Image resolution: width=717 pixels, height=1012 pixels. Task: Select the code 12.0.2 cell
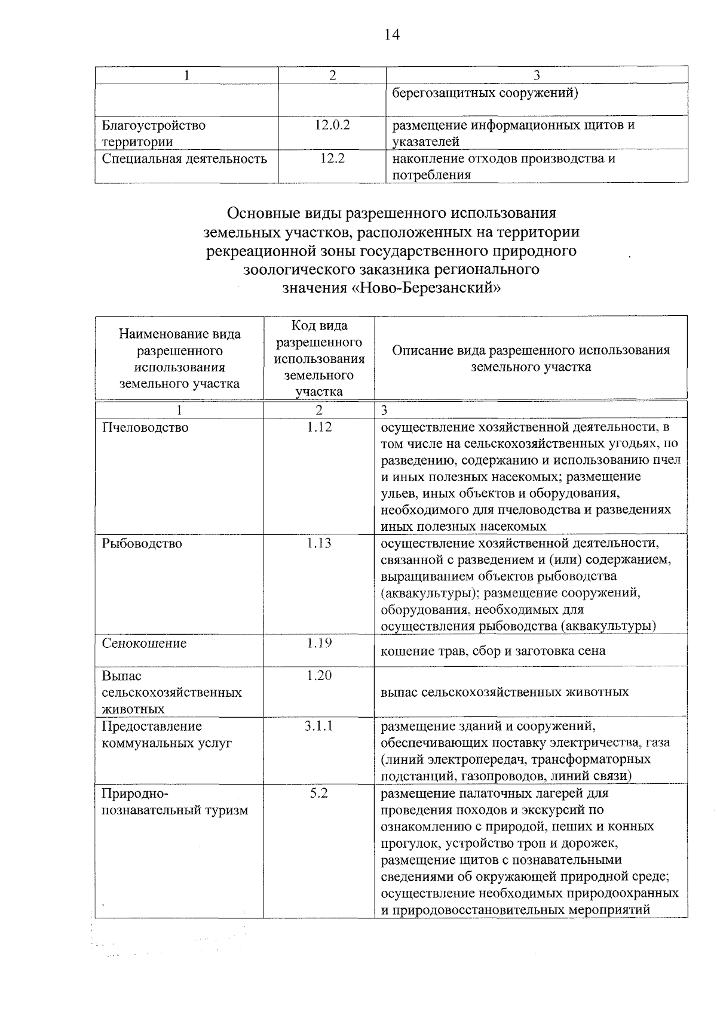[x=332, y=125]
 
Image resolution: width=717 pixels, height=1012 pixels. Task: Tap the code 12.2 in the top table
[x=332, y=159]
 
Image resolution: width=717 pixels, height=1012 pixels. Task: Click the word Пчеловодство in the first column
[x=145, y=427]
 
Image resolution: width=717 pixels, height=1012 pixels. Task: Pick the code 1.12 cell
[x=319, y=427]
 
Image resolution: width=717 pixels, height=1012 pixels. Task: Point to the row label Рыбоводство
[x=142, y=543]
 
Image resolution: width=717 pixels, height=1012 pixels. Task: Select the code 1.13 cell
[x=319, y=543]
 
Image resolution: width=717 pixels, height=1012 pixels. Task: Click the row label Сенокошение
[x=144, y=643]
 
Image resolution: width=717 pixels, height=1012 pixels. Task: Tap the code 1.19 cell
[x=319, y=643]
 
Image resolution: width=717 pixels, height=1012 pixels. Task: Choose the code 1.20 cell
[x=319, y=675]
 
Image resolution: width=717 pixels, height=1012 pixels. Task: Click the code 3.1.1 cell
[x=319, y=726]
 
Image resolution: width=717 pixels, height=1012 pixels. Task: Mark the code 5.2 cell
[x=319, y=793]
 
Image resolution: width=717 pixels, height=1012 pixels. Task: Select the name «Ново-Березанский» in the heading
[x=425, y=288]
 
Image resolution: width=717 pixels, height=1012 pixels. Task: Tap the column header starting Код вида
[x=319, y=358]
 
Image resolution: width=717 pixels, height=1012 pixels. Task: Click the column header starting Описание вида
[x=531, y=358]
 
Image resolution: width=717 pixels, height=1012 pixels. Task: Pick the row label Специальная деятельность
[x=184, y=159]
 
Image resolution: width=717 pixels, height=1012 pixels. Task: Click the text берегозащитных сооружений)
[x=485, y=93]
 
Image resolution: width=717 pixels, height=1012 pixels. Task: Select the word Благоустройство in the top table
[x=154, y=125]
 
